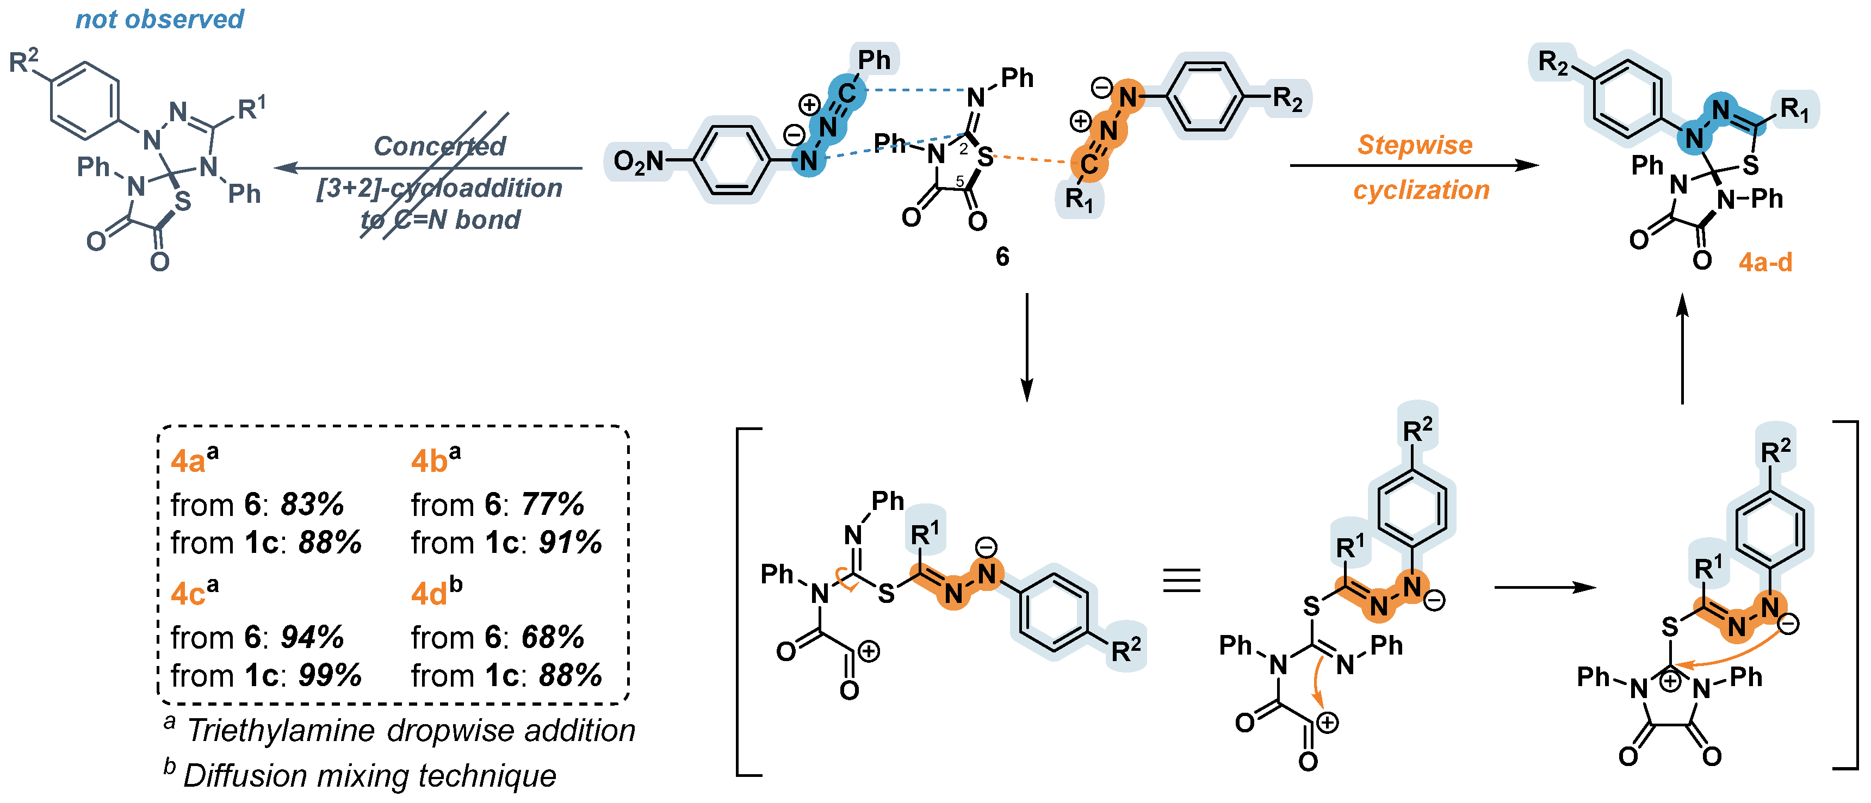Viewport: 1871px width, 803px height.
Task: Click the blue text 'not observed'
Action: [x=160, y=19]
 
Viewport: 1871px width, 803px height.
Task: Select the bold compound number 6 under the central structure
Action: [x=1002, y=256]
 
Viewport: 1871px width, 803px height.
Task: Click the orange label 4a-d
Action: [x=1765, y=262]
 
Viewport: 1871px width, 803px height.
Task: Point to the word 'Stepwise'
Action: [x=1415, y=145]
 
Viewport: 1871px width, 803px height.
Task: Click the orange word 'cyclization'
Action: [x=1421, y=190]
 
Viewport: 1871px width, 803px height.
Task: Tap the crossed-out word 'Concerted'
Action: [x=439, y=146]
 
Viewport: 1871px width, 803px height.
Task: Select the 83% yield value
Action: [x=312, y=504]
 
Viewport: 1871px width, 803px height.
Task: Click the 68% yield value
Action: [x=553, y=638]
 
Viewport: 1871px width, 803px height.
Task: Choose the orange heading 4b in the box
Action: [x=429, y=461]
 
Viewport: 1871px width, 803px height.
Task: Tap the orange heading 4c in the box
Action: [x=188, y=594]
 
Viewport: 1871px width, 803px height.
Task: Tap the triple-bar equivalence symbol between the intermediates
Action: [x=1182, y=581]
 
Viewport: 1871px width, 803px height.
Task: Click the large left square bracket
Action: [x=741, y=602]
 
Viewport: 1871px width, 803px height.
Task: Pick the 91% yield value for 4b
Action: [x=570, y=543]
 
